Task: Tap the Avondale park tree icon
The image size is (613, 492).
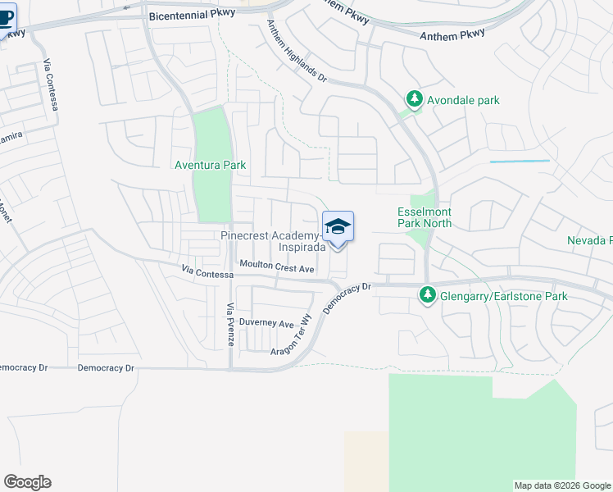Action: point(415,100)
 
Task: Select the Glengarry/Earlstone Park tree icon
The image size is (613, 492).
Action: point(427,294)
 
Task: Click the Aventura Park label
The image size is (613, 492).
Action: point(211,165)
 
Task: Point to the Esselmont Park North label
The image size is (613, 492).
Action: point(425,216)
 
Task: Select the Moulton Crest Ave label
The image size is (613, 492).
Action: point(277,267)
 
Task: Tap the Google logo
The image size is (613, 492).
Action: point(27,482)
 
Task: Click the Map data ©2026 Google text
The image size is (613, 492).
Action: point(562,485)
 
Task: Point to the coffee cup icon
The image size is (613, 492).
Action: point(7,18)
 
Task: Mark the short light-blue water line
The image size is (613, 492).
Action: point(520,162)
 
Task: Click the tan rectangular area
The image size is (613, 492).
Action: point(366,460)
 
